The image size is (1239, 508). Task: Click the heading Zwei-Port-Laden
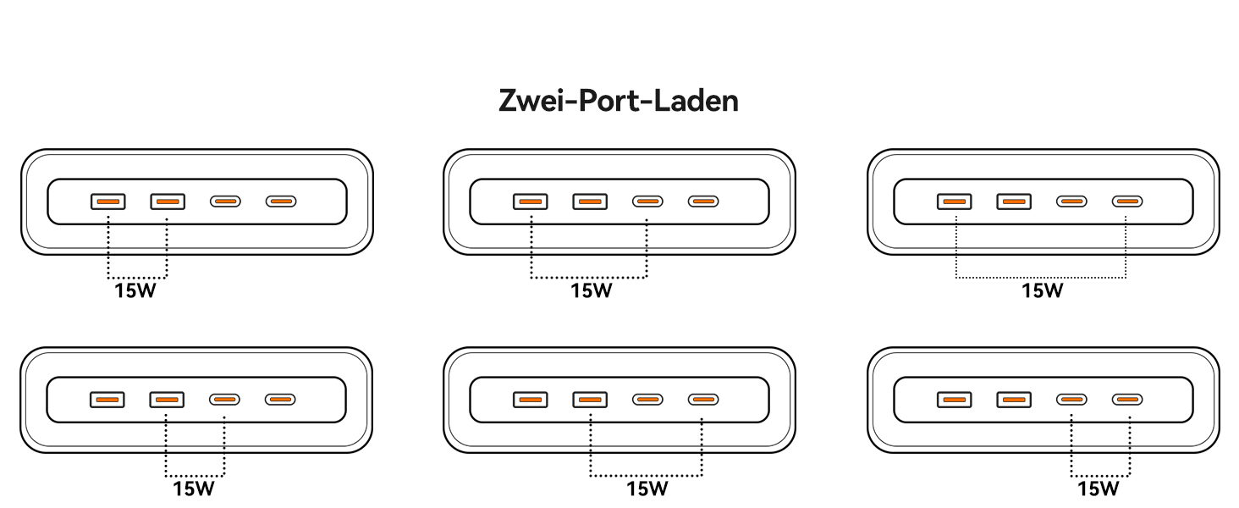pyautogui.click(x=619, y=101)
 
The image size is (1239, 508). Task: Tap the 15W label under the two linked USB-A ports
pyautogui.click(x=136, y=291)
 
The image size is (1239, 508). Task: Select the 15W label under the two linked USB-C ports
pyautogui.click(x=1099, y=489)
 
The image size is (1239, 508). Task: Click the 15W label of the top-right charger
pyautogui.click(x=1042, y=290)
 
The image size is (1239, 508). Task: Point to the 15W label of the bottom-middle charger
pyautogui.click(x=647, y=489)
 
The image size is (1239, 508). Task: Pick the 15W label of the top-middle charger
pyautogui.click(x=591, y=290)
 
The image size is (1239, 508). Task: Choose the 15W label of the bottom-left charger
pyautogui.click(x=195, y=489)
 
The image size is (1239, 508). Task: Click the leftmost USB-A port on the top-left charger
pyautogui.click(x=108, y=202)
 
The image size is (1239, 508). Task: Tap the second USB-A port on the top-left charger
pyautogui.click(x=168, y=202)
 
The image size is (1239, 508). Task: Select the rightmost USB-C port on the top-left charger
pyautogui.click(x=281, y=202)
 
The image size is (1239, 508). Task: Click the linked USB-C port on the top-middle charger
pyautogui.click(x=647, y=202)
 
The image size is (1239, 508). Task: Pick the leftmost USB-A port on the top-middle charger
pyautogui.click(x=531, y=202)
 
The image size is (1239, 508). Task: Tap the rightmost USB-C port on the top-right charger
pyautogui.click(x=1126, y=202)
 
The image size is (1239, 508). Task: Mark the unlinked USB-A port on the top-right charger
pyautogui.click(x=1014, y=202)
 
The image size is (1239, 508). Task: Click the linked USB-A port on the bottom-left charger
pyautogui.click(x=167, y=399)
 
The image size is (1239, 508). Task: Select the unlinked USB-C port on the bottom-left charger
pyautogui.click(x=280, y=399)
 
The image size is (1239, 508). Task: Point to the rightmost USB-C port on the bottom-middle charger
pyautogui.click(x=702, y=399)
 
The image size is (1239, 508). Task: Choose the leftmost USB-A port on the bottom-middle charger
pyautogui.click(x=531, y=399)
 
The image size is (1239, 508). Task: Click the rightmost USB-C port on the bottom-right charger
pyautogui.click(x=1126, y=399)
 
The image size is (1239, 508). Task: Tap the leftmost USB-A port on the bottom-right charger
pyautogui.click(x=955, y=399)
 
